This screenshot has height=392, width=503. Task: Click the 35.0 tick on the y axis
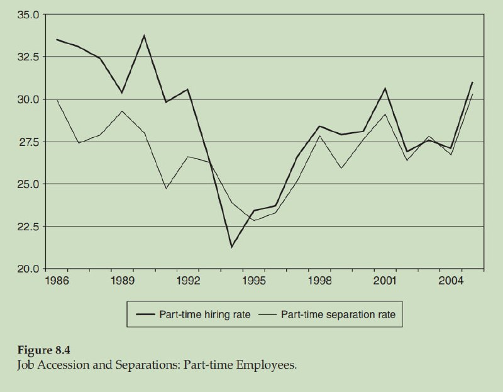pos(28,14)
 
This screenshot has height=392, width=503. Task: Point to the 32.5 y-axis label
pos(28,57)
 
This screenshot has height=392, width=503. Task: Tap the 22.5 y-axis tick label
pos(28,227)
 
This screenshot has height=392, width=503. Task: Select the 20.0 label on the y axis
pos(28,269)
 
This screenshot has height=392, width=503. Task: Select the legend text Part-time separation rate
pos(338,314)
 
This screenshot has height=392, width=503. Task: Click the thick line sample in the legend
pos(143,314)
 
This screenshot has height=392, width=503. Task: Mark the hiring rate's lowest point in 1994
pos(232,247)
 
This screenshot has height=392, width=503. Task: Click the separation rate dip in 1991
pos(166,188)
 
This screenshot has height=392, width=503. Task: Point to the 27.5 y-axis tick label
pos(28,142)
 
